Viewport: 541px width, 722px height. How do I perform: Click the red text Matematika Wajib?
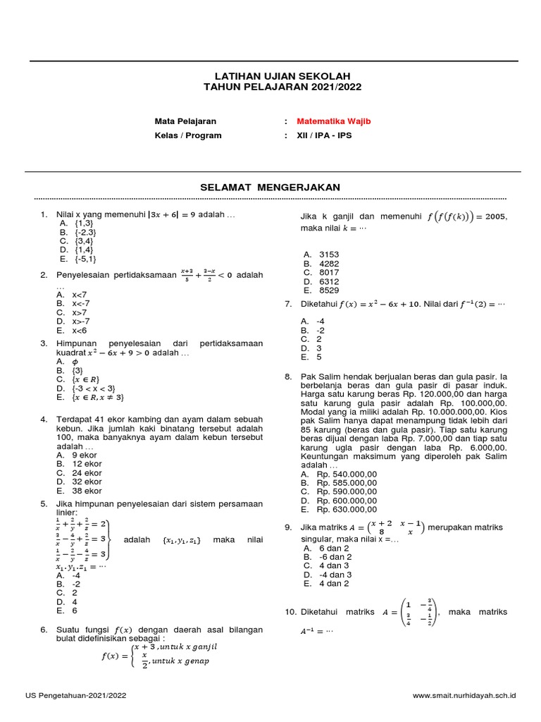click(x=333, y=121)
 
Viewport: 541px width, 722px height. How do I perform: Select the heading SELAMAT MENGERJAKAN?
click(x=270, y=187)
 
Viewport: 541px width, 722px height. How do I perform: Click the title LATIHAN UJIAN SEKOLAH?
click(x=271, y=75)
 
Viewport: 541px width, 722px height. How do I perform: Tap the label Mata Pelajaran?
click(x=185, y=121)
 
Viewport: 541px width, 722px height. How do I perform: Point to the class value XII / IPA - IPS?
click(x=324, y=135)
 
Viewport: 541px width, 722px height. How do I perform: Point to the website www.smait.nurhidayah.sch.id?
click(x=464, y=695)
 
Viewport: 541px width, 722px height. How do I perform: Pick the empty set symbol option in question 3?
click(x=75, y=360)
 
